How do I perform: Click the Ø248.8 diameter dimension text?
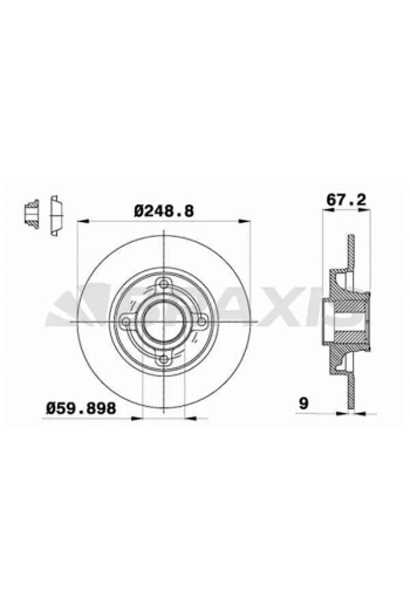[163, 211]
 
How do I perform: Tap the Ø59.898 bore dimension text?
[81, 408]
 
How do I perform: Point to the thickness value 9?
[303, 403]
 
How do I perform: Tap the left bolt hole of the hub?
[126, 321]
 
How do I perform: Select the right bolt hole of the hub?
[200, 321]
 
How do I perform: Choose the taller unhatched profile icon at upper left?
[56, 216]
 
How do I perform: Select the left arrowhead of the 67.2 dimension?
[326, 209]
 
